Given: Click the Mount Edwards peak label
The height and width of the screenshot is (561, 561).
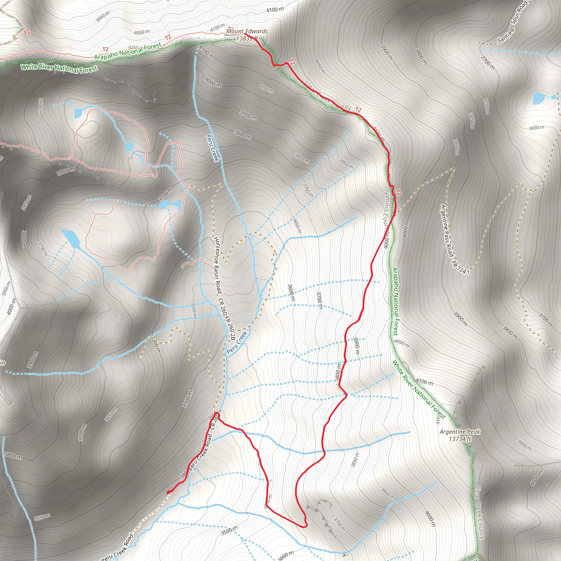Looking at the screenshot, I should pyautogui.click(x=247, y=31).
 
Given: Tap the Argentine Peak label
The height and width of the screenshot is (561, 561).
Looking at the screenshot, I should pyautogui.click(x=460, y=432).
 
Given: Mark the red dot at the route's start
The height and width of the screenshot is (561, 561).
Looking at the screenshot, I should pyautogui.click(x=168, y=492).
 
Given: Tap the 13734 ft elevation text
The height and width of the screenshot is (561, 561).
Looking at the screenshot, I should pyautogui.click(x=460, y=439).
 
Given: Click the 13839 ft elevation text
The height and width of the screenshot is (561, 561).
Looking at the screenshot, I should pyautogui.click(x=247, y=38).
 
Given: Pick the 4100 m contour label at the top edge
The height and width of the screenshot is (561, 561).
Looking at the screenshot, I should pyautogui.click(x=275, y=10).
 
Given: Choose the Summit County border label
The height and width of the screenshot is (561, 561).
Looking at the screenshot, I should pyautogui.click(x=386, y=219).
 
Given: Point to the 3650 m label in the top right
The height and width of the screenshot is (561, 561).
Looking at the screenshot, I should pyautogui.click(x=536, y=128).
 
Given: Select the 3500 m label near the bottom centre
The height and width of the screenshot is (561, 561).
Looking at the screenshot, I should pyautogui.click(x=229, y=530).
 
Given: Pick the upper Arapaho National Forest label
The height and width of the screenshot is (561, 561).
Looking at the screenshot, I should pyautogui.click(x=128, y=51).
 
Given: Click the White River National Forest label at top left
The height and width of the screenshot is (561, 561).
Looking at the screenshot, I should pyautogui.click(x=59, y=68).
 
